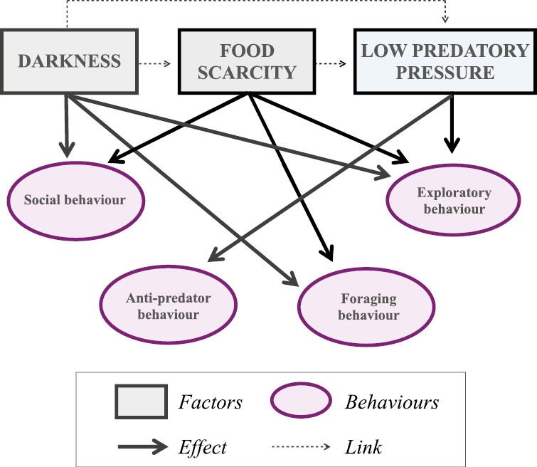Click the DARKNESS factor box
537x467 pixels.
click(x=69, y=61)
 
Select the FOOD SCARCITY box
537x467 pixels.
click(x=246, y=62)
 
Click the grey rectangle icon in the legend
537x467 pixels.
click(x=141, y=402)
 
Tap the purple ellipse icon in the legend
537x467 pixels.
click(x=301, y=402)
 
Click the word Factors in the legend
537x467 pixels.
click(x=210, y=403)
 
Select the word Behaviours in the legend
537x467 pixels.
click(x=392, y=403)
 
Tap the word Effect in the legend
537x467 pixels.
click(x=203, y=447)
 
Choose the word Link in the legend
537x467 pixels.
click(x=363, y=447)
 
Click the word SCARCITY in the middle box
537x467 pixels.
click(x=246, y=72)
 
